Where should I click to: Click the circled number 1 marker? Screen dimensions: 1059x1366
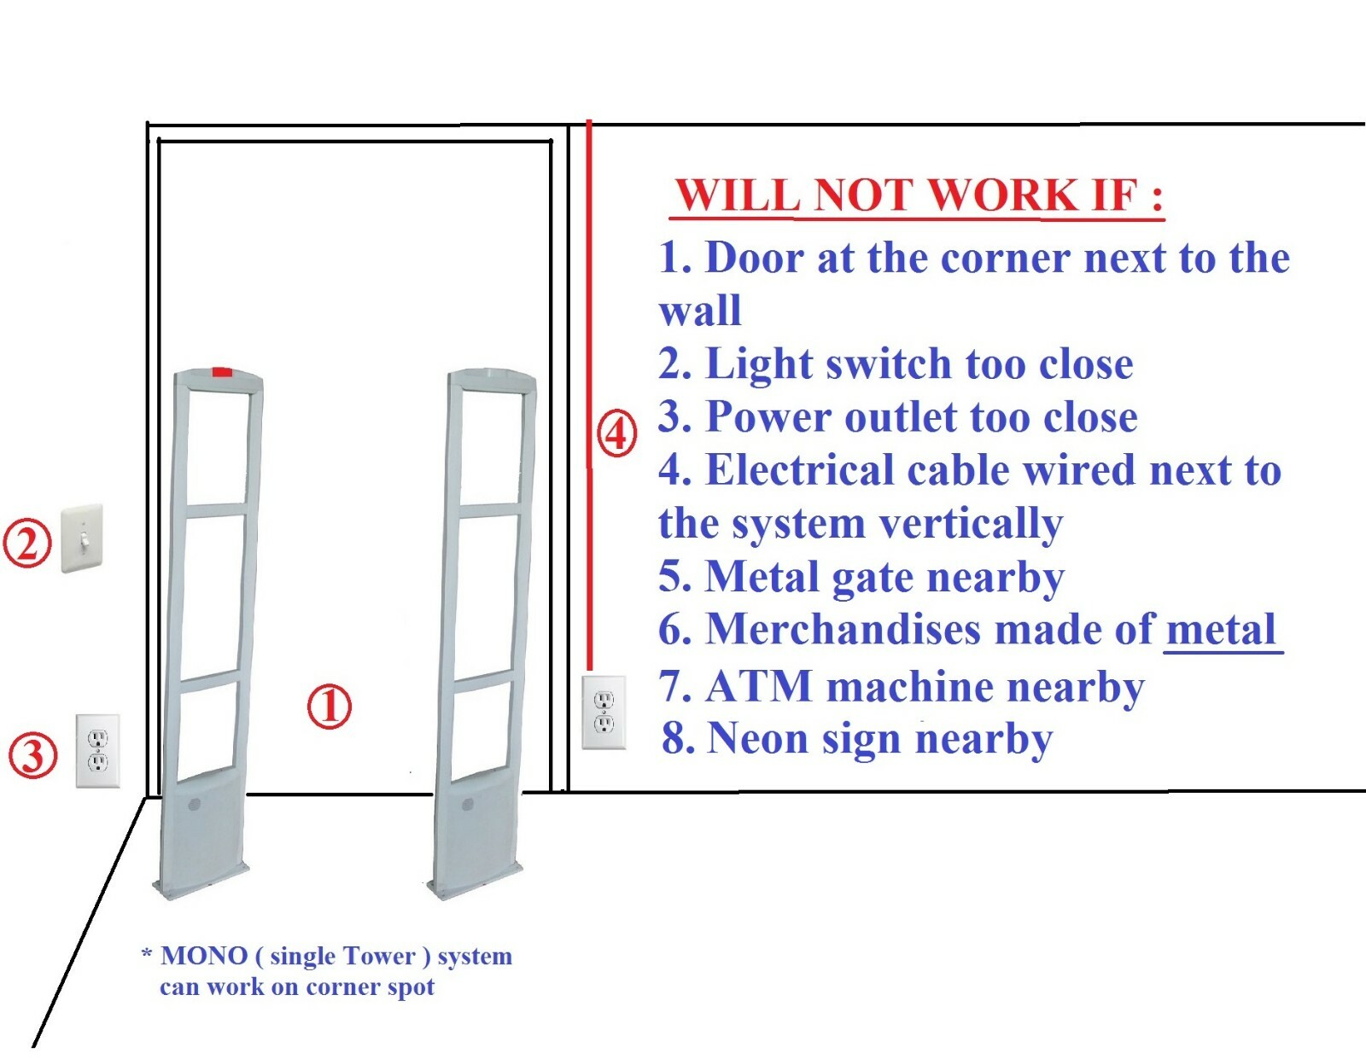[x=329, y=706]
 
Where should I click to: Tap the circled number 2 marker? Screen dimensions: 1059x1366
[x=27, y=544]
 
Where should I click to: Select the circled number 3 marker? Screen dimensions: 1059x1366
[x=32, y=755]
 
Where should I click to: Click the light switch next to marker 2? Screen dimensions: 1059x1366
[x=82, y=538]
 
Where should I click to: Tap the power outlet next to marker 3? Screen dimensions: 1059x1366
[x=98, y=751]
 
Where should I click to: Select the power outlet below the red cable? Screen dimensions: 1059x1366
[x=604, y=713]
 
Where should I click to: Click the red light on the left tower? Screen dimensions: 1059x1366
[x=222, y=371]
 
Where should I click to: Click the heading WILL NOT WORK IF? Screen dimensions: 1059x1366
[x=918, y=195]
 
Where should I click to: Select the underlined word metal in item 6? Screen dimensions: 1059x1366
[x=1221, y=630]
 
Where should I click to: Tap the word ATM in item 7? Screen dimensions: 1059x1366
[x=759, y=686]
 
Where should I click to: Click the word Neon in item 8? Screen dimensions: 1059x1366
[x=757, y=739]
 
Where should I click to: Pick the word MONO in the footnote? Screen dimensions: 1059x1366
[x=203, y=956]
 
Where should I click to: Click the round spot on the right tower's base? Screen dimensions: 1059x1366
[x=468, y=805]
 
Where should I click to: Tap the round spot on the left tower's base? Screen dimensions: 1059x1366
[x=194, y=804]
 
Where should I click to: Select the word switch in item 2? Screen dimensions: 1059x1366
[x=888, y=364]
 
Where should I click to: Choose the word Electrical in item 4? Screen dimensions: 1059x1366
[x=798, y=470]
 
